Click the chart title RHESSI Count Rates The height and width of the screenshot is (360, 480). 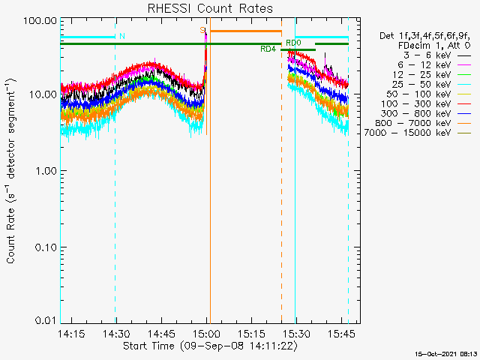coord(210,8)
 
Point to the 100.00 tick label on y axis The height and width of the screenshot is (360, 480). coord(40,21)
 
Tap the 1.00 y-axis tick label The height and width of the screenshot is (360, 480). coord(46,170)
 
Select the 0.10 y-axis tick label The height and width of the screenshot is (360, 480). coord(46,247)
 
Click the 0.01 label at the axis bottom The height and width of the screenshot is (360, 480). coord(46,320)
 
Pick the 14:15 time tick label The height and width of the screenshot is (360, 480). coord(71,334)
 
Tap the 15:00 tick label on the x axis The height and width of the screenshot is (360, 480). coord(207,334)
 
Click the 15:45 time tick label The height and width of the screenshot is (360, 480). coord(341,334)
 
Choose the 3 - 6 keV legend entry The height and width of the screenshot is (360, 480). coord(436,55)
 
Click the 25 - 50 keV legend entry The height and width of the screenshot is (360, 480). coord(431,85)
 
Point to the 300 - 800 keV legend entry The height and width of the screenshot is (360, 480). coord(426,113)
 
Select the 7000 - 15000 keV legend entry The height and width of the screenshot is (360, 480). coord(418,133)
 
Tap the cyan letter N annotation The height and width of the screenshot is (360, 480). coord(122,36)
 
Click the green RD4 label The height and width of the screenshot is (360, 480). coord(268,49)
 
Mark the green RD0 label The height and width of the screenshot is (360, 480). coord(293,43)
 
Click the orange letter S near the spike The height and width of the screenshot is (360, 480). coord(202,30)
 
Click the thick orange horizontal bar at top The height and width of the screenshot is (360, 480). coord(246,31)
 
